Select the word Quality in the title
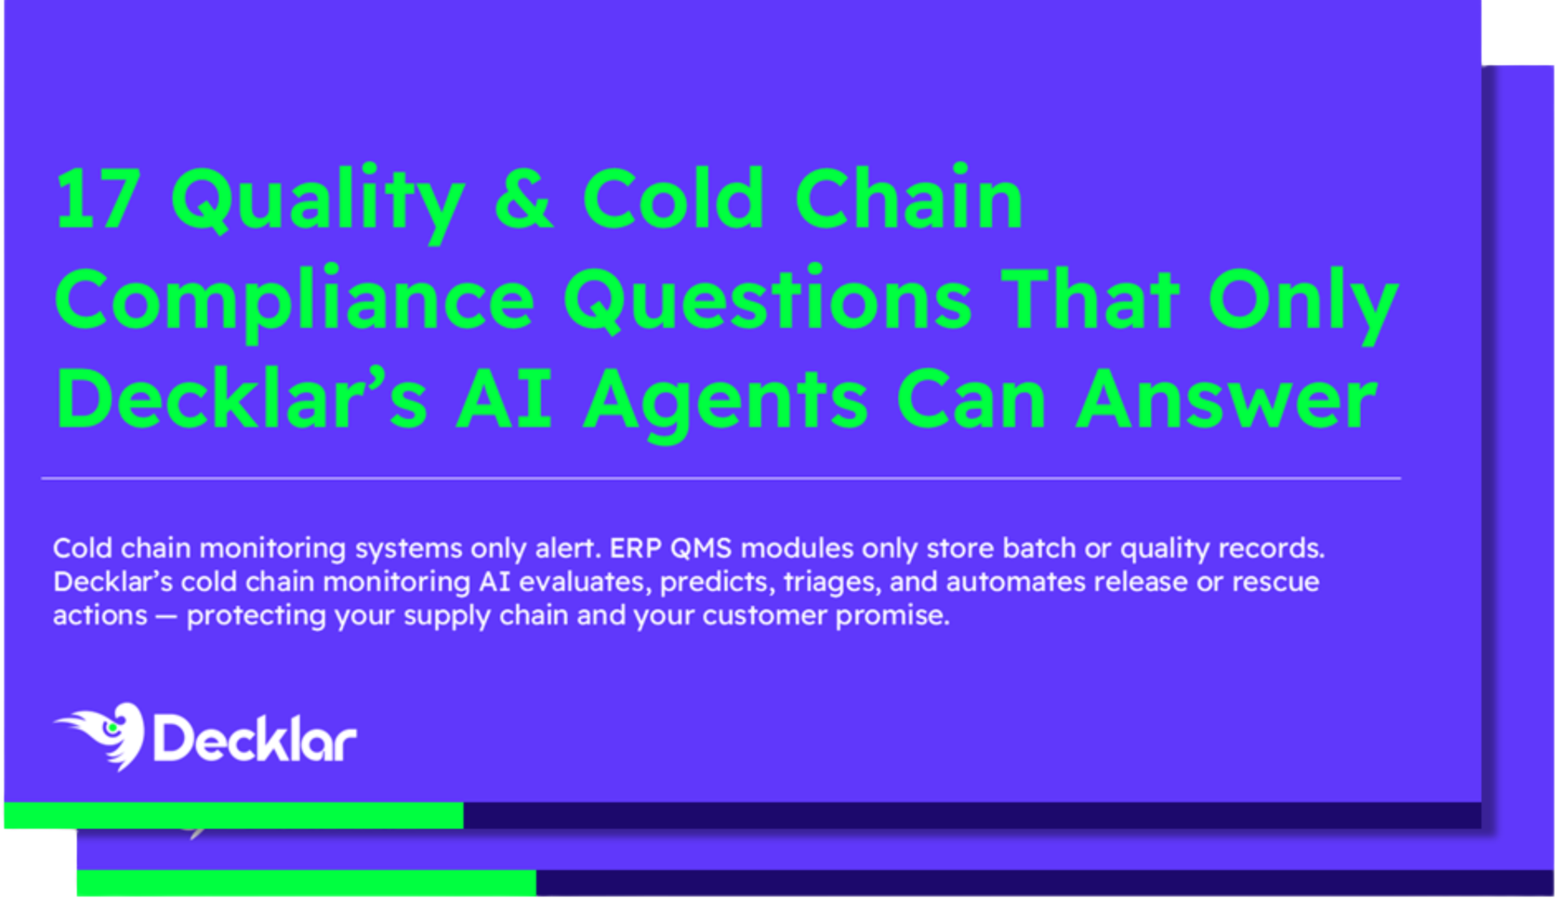[318, 202]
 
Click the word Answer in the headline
[1227, 400]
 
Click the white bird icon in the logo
[102, 735]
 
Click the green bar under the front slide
[234, 815]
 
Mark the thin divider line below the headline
[721, 478]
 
